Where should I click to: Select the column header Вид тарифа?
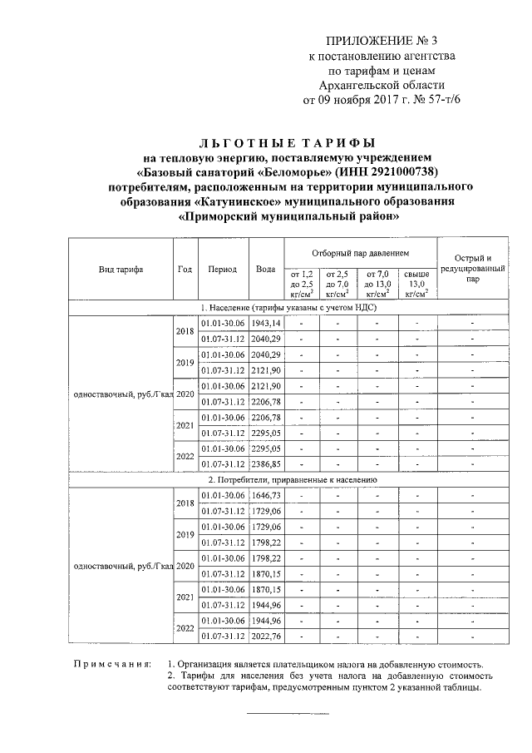coord(120,270)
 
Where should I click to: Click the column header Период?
coord(223,270)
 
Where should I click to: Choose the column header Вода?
coord(266,270)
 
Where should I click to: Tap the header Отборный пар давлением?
coord(360,252)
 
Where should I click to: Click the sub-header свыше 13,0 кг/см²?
coord(416,284)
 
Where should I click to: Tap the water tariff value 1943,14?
coord(267,322)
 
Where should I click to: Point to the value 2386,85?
coord(267,464)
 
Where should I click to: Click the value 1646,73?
coord(267,495)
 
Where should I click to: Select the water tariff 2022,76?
coord(267,637)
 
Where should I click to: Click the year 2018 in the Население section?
coord(185,330)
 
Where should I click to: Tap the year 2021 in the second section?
coord(185,597)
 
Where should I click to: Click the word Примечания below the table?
coord(111,665)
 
